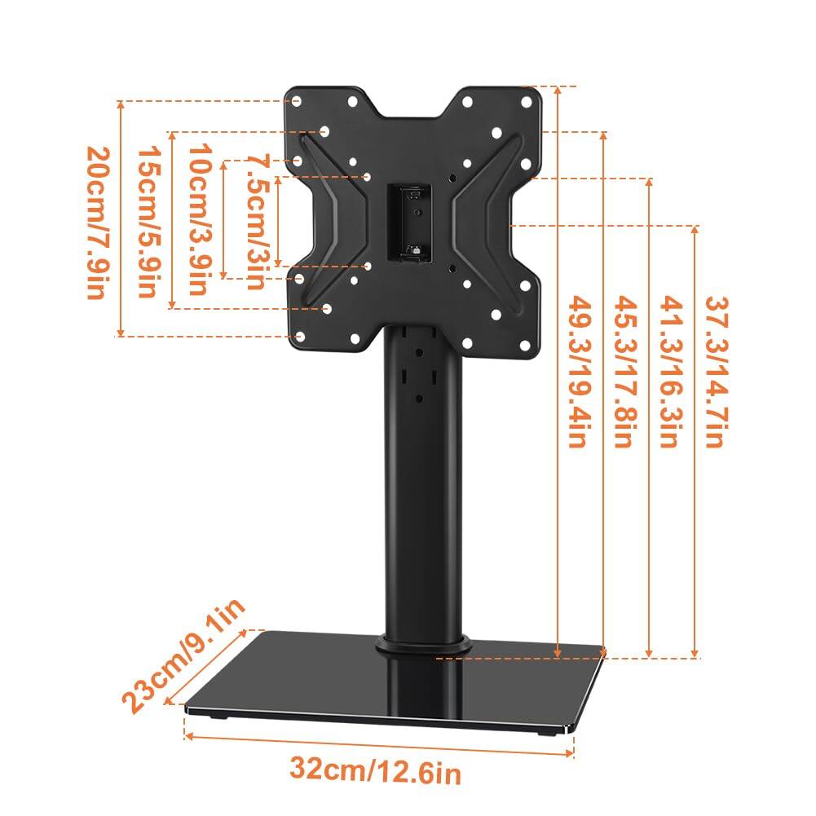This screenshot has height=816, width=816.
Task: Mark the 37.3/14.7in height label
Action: [715, 371]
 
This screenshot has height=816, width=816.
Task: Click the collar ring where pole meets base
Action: [422, 644]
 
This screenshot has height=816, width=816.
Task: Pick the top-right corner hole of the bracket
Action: [528, 101]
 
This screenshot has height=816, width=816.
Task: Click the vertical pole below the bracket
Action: [421, 489]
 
